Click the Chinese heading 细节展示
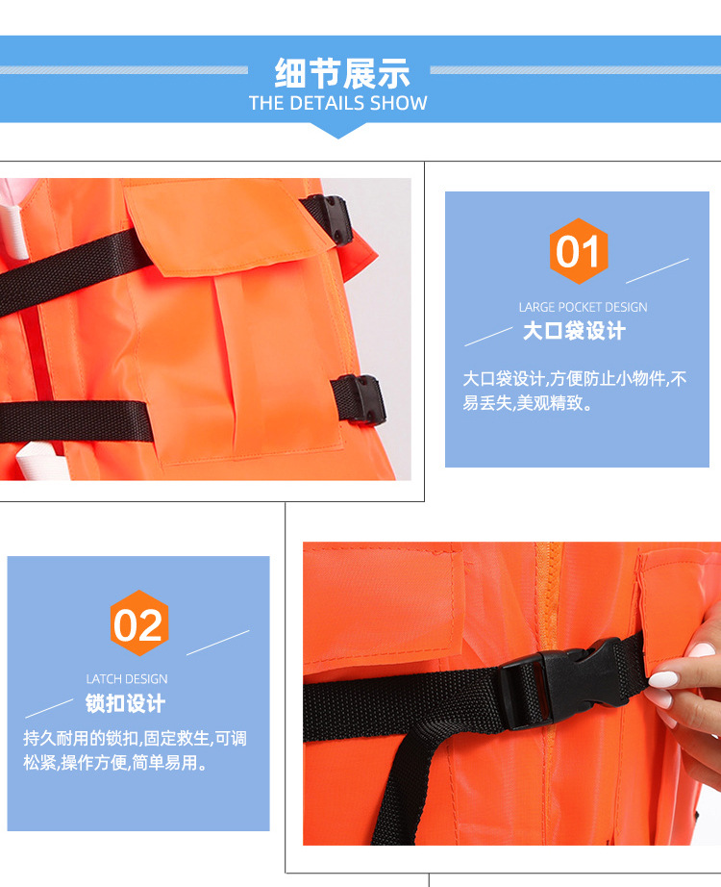342,73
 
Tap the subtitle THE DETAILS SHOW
338,103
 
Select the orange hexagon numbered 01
578,250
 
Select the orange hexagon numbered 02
139,623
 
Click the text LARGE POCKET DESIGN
583,307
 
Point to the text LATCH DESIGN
127,679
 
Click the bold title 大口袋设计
574,331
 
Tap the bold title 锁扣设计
125,703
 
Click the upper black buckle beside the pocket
330,218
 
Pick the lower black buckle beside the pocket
360,399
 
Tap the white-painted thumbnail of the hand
662,679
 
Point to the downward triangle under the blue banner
338,130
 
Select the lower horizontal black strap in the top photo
76,421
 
